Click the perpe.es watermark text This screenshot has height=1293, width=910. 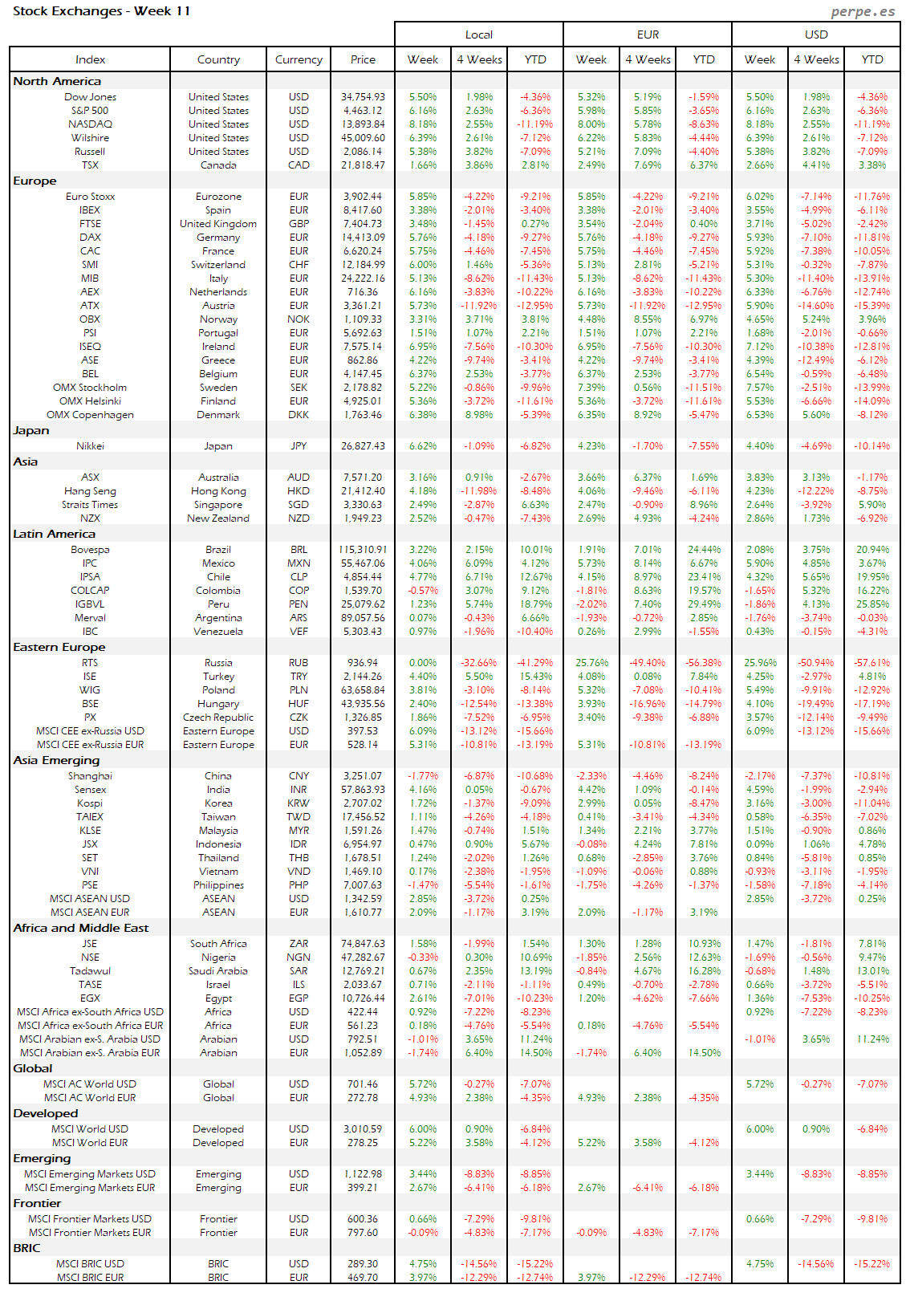863,11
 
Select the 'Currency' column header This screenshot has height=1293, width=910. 299,59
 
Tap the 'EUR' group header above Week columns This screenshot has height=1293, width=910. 648,35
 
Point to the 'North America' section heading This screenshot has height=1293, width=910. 57,81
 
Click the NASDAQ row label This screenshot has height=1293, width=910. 90,124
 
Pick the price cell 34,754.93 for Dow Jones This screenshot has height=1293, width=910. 363,97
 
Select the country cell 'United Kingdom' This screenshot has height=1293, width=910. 218,224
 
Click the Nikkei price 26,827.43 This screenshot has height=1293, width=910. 363,446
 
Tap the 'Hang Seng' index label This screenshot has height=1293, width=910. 90,491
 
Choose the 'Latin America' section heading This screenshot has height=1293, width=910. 54,534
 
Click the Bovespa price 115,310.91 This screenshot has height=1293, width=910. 363,550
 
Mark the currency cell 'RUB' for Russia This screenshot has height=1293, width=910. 299,663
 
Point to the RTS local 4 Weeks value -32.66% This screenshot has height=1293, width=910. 479,663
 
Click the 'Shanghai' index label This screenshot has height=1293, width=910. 90,776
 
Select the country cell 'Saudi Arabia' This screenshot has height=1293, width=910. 218,971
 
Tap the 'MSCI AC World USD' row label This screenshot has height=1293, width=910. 90,1084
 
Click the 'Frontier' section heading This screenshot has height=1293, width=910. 37,1203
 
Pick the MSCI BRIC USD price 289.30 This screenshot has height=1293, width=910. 363,1264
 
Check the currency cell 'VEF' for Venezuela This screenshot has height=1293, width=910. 299,632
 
